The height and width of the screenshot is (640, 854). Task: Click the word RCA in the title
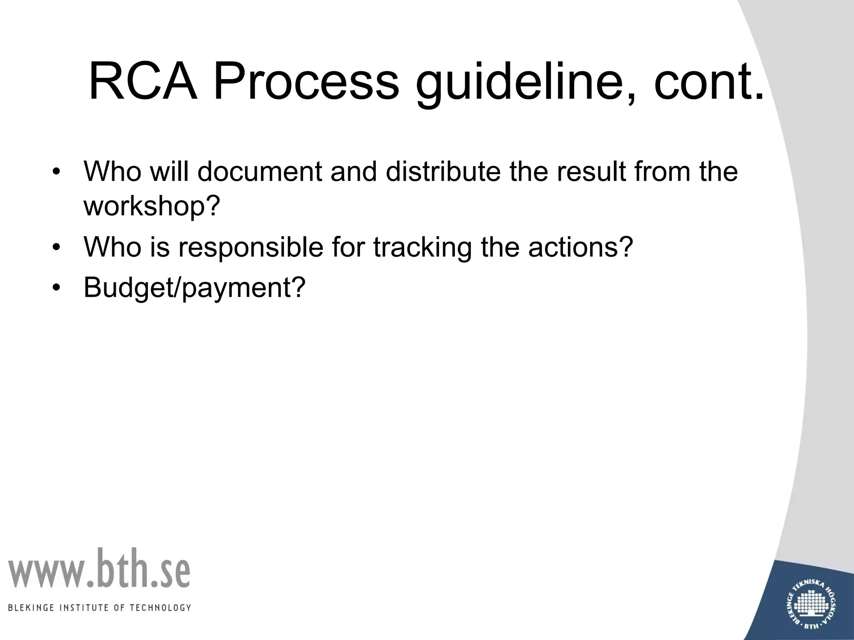pos(143,81)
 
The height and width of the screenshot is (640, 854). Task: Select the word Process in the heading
pos(306,81)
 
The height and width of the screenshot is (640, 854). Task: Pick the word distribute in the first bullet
pos(442,171)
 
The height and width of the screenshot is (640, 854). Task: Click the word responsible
pos(251,247)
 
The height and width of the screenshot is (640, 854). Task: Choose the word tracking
pos(422,247)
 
